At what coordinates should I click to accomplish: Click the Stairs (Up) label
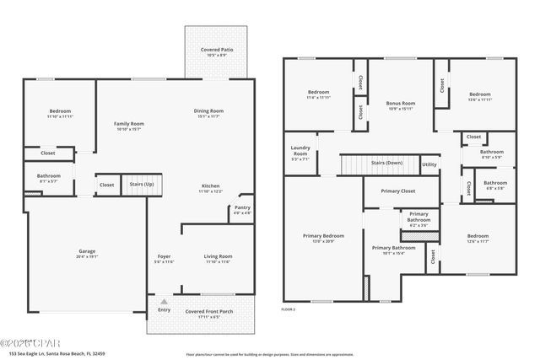click(141, 183)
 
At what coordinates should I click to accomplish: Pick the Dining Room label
click(209, 113)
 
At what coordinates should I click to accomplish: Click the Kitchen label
click(211, 188)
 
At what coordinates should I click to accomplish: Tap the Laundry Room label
click(300, 153)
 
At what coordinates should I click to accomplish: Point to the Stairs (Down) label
click(387, 163)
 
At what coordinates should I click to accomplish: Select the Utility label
click(429, 164)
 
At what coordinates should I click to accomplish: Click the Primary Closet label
click(397, 191)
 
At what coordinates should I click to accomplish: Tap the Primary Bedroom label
click(323, 238)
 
